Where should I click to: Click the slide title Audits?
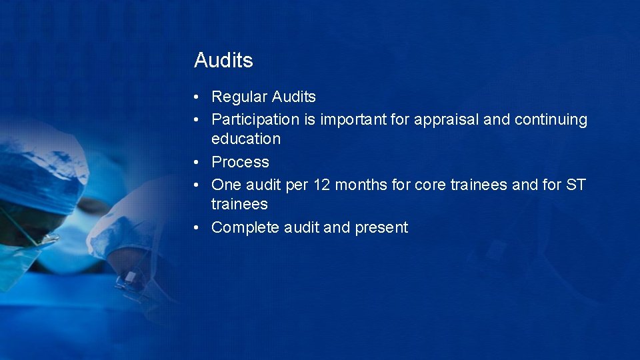(223, 61)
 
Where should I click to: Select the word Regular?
(239, 97)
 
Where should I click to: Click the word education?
(246, 139)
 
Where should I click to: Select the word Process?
(240, 162)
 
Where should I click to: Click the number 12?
(321, 185)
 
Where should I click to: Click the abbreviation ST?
(575, 185)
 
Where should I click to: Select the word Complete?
(245, 227)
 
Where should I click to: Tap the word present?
(381, 228)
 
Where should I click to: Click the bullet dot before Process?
(197, 163)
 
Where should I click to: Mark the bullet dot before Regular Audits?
(197, 97)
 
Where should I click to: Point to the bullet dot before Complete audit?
(197, 228)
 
